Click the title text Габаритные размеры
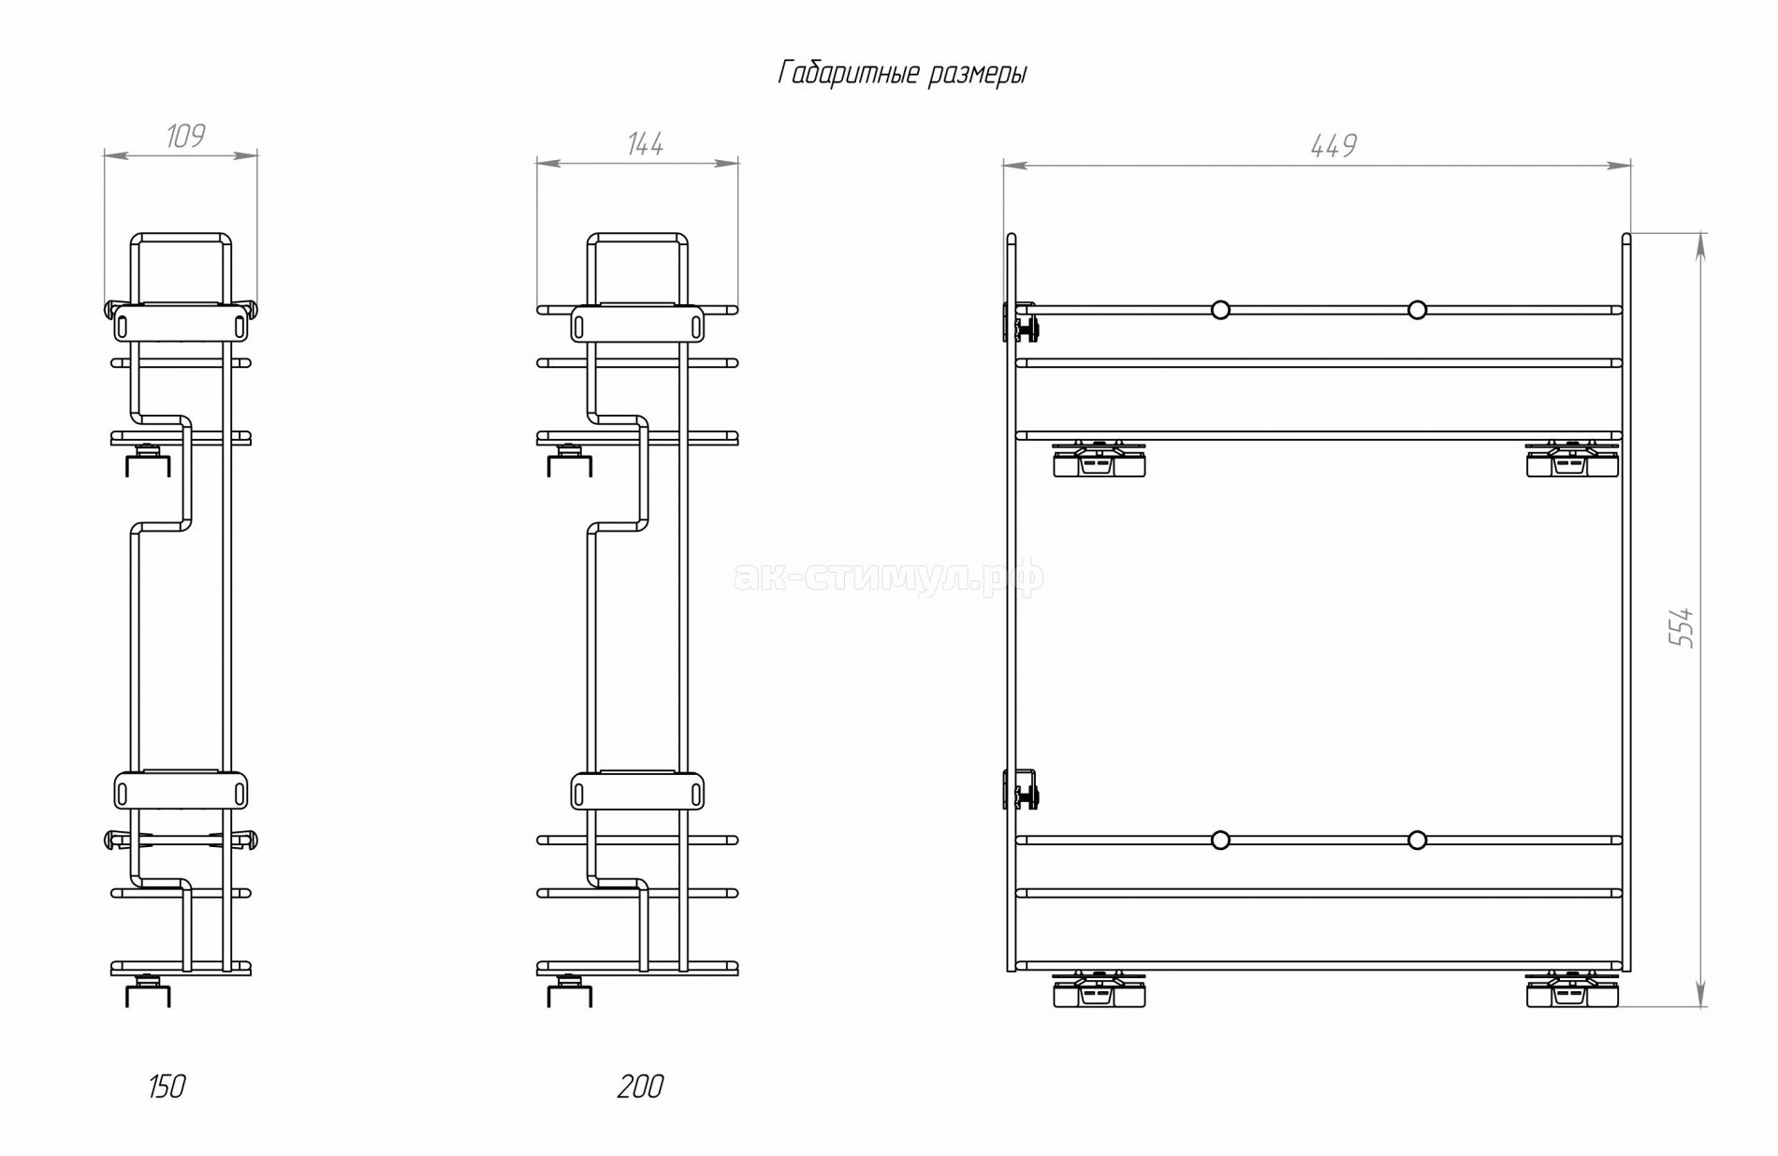[902, 73]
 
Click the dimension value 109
[185, 136]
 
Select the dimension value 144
[646, 144]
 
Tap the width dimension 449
[1333, 145]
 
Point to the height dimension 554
[1682, 626]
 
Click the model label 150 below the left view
[167, 1087]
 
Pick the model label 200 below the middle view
[641, 1087]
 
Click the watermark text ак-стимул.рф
[890, 578]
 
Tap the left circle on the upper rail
[1220, 310]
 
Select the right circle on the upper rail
[1417, 310]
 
